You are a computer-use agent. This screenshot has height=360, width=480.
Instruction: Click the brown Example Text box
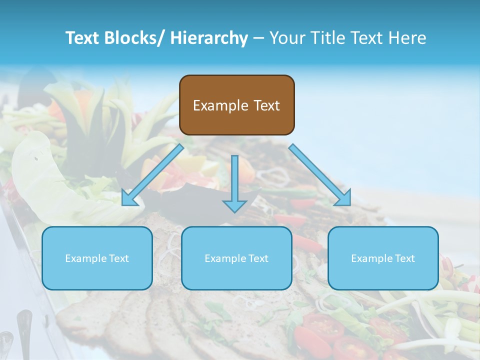[x=236, y=105]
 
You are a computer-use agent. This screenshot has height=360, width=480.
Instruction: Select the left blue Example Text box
[x=97, y=258]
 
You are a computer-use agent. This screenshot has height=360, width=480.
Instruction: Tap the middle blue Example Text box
[x=236, y=258]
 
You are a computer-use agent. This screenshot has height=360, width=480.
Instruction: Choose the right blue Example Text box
[x=383, y=258]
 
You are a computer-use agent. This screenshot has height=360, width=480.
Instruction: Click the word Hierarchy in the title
[x=209, y=38]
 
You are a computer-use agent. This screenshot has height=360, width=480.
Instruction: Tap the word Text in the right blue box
[x=404, y=258]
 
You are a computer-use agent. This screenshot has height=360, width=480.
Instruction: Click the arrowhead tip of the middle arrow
[x=235, y=211]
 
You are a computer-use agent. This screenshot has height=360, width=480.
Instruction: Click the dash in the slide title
[x=258, y=38]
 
